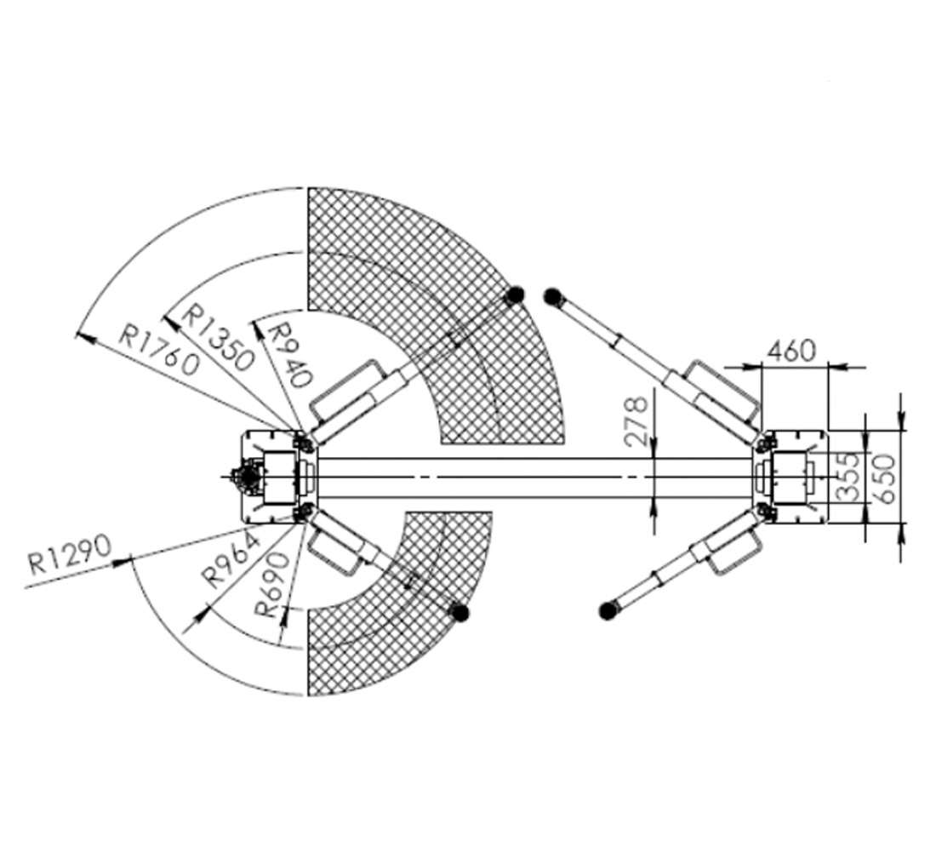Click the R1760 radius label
click(157, 350)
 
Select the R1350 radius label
click(218, 337)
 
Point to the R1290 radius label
click(70, 555)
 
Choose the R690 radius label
click(271, 584)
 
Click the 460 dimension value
click(790, 351)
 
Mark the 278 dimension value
click(635, 421)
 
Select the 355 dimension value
click(847, 477)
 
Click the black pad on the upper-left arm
click(515, 295)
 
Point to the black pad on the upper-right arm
click(553, 296)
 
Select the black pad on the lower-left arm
click(459, 612)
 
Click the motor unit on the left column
click(246, 477)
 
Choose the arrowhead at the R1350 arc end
click(172, 323)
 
